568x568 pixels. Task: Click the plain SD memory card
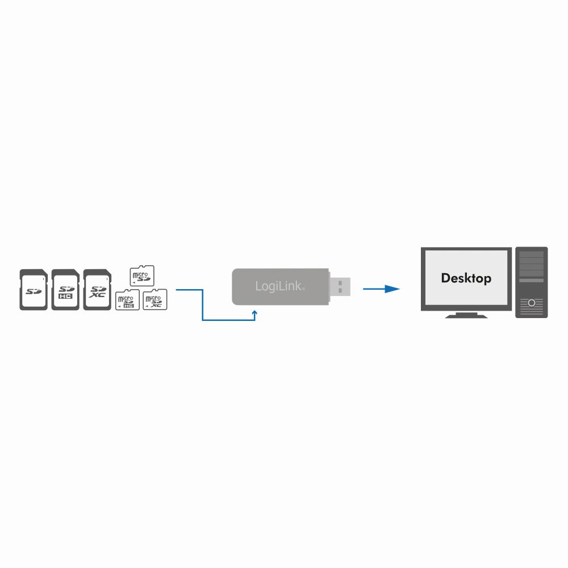click(x=33, y=290)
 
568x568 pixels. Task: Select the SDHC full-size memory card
click(x=65, y=290)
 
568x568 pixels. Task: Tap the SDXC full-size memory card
click(x=97, y=290)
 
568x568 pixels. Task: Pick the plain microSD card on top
click(x=142, y=276)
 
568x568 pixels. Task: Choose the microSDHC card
click(x=127, y=300)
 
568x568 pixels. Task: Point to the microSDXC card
click(x=154, y=300)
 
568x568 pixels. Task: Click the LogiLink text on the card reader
click(x=279, y=286)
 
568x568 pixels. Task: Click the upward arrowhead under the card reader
click(x=255, y=312)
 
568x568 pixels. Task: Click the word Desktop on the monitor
click(x=466, y=278)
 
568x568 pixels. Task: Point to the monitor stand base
click(x=466, y=315)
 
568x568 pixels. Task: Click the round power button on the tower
click(x=532, y=303)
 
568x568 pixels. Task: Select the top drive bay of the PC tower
click(x=532, y=255)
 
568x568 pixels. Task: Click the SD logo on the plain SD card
click(x=34, y=292)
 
